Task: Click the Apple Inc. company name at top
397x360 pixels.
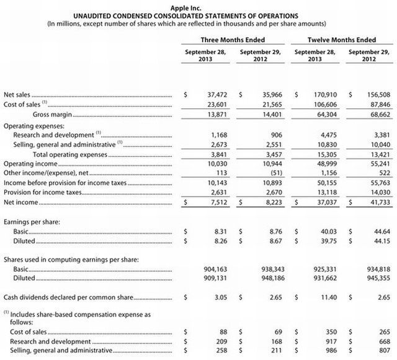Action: pos(198,6)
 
